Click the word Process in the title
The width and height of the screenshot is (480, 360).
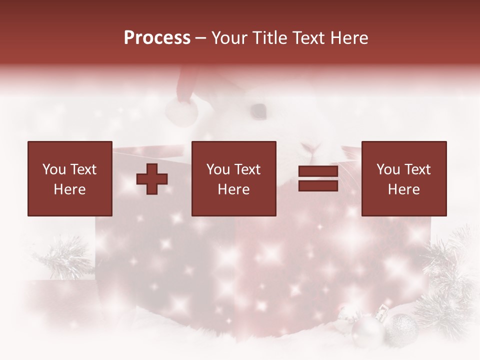click(157, 38)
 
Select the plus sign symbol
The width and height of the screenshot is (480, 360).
click(152, 178)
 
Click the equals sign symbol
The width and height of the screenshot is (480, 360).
click(318, 178)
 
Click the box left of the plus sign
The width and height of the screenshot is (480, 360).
click(69, 178)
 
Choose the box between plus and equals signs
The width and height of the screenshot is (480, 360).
click(233, 178)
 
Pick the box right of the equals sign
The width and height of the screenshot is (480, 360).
click(403, 178)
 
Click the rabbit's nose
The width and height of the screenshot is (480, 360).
click(311, 147)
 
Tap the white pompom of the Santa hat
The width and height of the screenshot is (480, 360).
click(181, 111)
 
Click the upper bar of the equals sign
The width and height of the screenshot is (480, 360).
click(318, 171)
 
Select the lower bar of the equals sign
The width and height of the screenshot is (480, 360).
click(318, 186)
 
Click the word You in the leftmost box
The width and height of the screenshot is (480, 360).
click(53, 169)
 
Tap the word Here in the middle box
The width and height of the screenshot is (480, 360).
click(233, 189)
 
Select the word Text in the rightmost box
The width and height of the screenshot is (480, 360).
click(417, 169)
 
